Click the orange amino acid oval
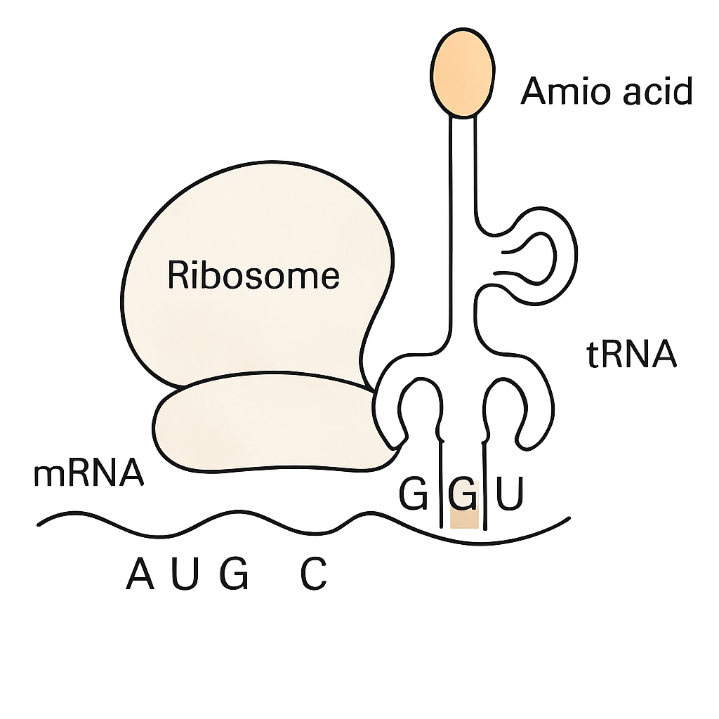pyautogui.click(x=462, y=73)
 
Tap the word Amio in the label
pyautogui.click(x=566, y=91)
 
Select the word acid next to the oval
pyautogui.click(x=657, y=91)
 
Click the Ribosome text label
pyautogui.click(x=253, y=275)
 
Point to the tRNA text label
pyautogui.click(x=631, y=354)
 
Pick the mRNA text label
pyautogui.click(x=89, y=473)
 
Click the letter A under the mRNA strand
pyautogui.click(x=140, y=573)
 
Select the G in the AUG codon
pyautogui.click(x=235, y=573)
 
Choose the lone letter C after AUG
pyautogui.click(x=314, y=573)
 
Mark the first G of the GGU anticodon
pyautogui.click(x=414, y=494)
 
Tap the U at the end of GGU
pyautogui.click(x=510, y=494)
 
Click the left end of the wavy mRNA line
pyautogui.click(x=39, y=524)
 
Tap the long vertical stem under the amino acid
pyautogui.click(x=462, y=230)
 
